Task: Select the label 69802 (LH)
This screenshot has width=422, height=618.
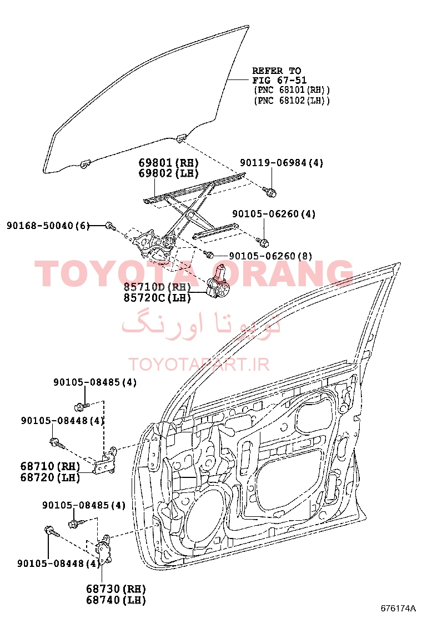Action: point(168,173)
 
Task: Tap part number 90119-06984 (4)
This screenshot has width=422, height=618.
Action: point(282,162)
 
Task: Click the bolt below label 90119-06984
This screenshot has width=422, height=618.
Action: point(270,192)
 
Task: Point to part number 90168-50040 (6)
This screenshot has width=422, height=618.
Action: point(48,226)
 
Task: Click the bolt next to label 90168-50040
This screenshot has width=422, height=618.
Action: point(110,226)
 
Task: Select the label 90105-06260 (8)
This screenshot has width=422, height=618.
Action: point(270,256)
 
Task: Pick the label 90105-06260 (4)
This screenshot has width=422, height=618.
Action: point(274,214)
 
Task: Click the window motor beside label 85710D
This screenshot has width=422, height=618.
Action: point(218,282)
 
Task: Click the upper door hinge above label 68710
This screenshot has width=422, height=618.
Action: point(106,461)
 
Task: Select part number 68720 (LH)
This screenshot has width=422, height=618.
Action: point(50,477)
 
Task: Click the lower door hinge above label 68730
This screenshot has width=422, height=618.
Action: point(103,550)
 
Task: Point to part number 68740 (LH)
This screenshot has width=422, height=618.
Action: point(116,600)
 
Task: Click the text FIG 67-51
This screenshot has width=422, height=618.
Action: point(279,81)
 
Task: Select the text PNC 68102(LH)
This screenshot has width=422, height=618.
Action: point(292,101)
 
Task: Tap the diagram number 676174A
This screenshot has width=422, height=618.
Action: point(398,607)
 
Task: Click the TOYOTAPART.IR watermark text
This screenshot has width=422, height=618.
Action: point(199,364)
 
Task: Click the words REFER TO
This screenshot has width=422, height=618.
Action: point(277,71)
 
